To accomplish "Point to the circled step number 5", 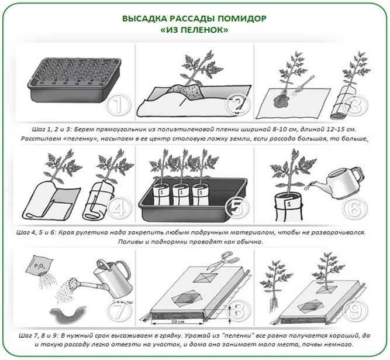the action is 237,208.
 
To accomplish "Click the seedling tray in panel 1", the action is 74,80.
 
